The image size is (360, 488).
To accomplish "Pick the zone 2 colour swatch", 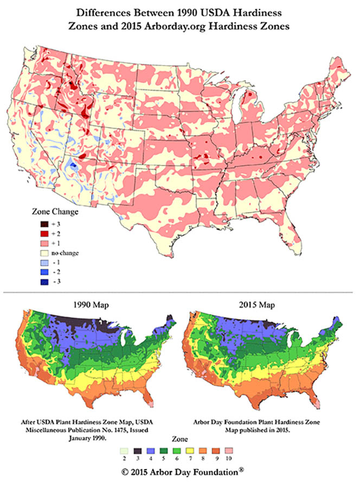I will tap(124, 451).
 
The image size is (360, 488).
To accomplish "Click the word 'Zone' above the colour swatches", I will tap(179, 438).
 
